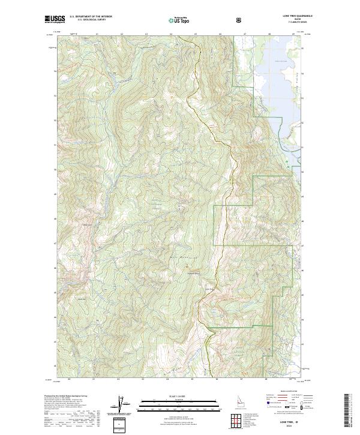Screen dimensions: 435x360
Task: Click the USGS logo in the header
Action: pyautogui.click(x=55, y=20)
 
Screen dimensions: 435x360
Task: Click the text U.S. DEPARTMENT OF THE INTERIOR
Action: pyautogui.click(x=92, y=17)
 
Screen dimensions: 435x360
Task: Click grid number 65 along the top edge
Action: pyautogui.click(x=196, y=35)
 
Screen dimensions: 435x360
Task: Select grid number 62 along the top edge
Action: pyautogui.click(x=122, y=35)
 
